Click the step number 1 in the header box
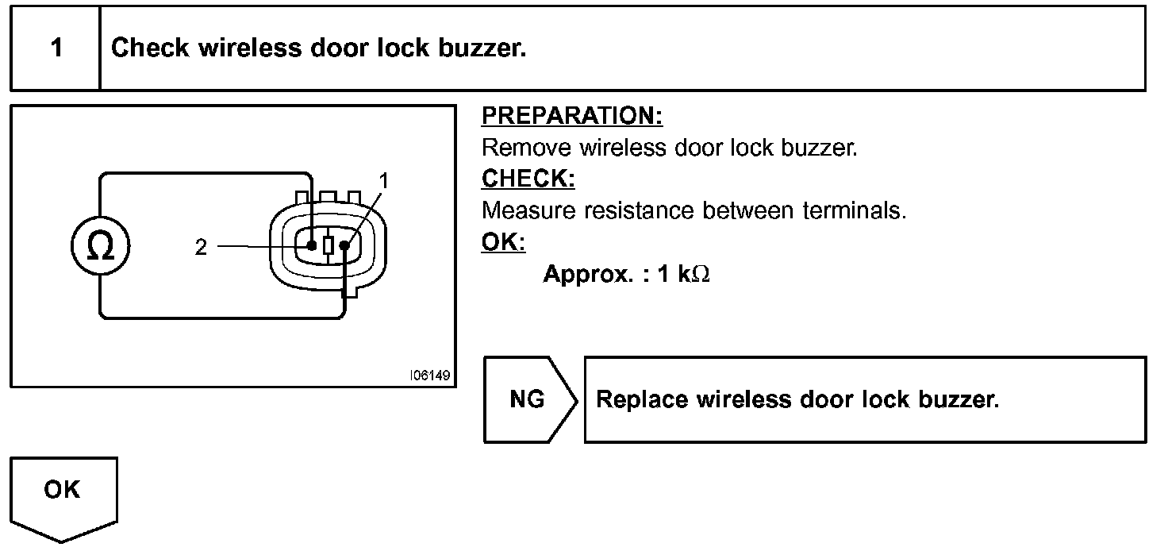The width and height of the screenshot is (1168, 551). [56, 48]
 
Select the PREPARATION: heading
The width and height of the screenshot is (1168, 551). [572, 116]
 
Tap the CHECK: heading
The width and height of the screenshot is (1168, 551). [528, 179]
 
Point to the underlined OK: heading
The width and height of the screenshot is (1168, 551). [503, 242]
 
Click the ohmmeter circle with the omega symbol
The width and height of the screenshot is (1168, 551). [100, 246]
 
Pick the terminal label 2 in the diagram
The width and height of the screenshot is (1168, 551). [201, 248]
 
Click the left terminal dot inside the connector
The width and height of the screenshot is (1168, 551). [312, 245]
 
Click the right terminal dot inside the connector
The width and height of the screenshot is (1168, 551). [344, 245]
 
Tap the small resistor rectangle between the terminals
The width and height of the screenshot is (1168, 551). [328, 245]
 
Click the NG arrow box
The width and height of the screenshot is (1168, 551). [528, 399]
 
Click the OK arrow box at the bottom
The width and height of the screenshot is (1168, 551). [63, 492]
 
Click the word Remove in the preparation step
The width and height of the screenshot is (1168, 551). [527, 148]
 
